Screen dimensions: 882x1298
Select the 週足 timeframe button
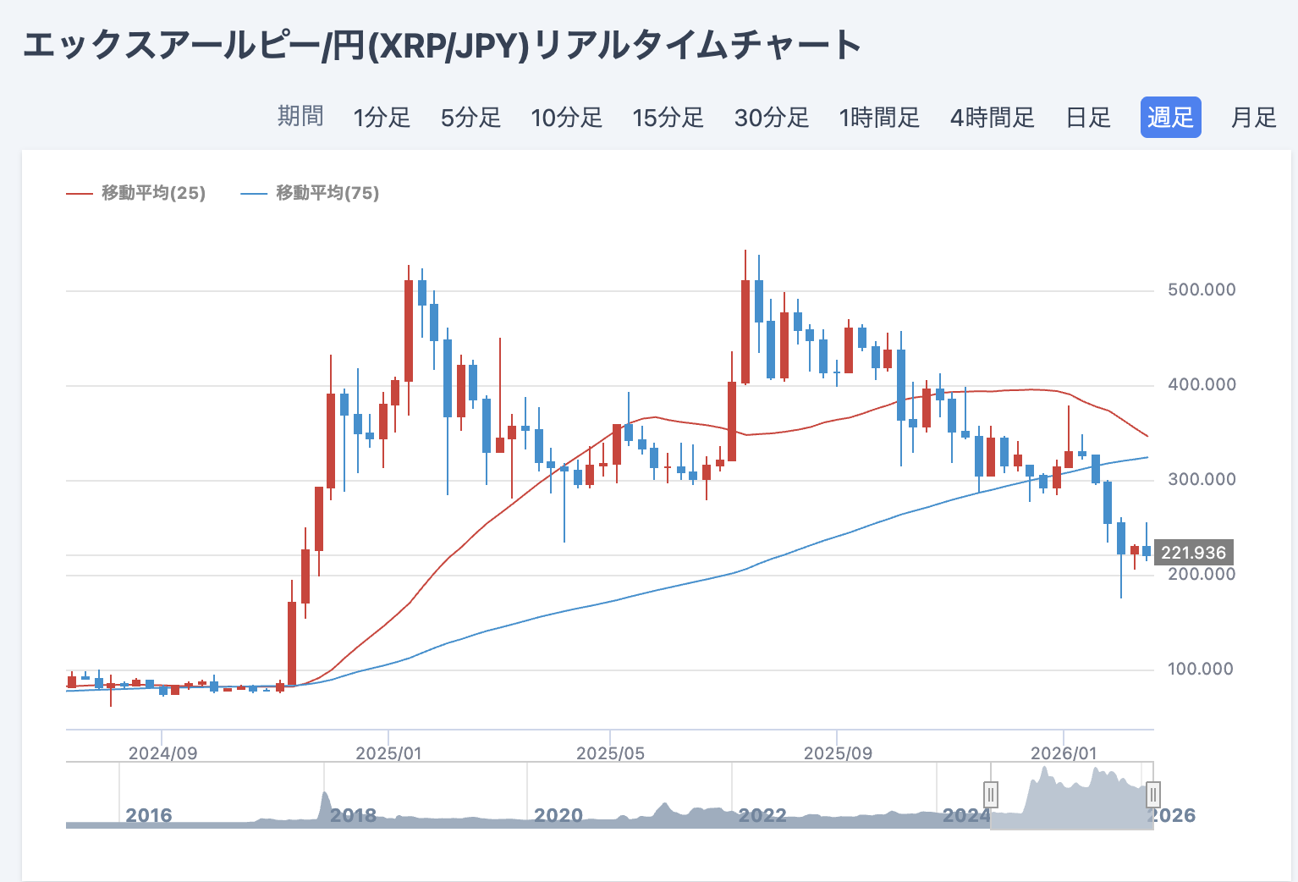[x=1170, y=117]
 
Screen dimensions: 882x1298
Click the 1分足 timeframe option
[x=382, y=117]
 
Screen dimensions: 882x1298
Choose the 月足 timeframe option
[x=1253, y=117]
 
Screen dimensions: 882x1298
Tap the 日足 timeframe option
[x=1088, y=117]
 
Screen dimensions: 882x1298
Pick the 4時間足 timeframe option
[x=992, y=117]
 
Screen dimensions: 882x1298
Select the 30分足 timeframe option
[x=771, y=117]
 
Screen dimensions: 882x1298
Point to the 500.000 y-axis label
[x=1202, y=289]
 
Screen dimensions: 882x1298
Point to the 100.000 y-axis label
[x=1202, y=669]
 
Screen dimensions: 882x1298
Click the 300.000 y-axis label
[x=1202, y=479]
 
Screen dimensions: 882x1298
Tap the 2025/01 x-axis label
[x=388, y=752]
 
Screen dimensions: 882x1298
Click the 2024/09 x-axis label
[x=162, y=752]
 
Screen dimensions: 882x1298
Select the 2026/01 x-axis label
[x=1064, y=752]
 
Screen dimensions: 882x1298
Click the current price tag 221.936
[x=1193, y=553]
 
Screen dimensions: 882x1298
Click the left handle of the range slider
[x=991, y=795]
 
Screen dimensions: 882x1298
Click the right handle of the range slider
[x=1152, y=795]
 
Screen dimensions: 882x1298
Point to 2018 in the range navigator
[x=353, y=815]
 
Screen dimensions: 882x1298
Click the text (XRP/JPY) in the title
[x=448, y=46]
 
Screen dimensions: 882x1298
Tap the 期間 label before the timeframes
[x=300, y=116]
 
